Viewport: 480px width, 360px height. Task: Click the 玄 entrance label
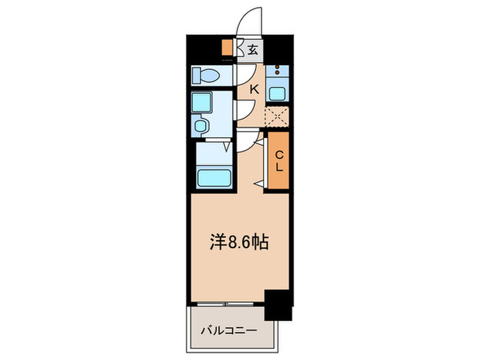[x=253, y=49]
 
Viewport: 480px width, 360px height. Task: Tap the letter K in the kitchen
[x=254, y=89]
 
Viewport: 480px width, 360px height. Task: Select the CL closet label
[x=279, y=162]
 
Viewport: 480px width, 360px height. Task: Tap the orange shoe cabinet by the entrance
[x=228, y=48]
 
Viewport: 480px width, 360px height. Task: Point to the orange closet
[x=279, y=163]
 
